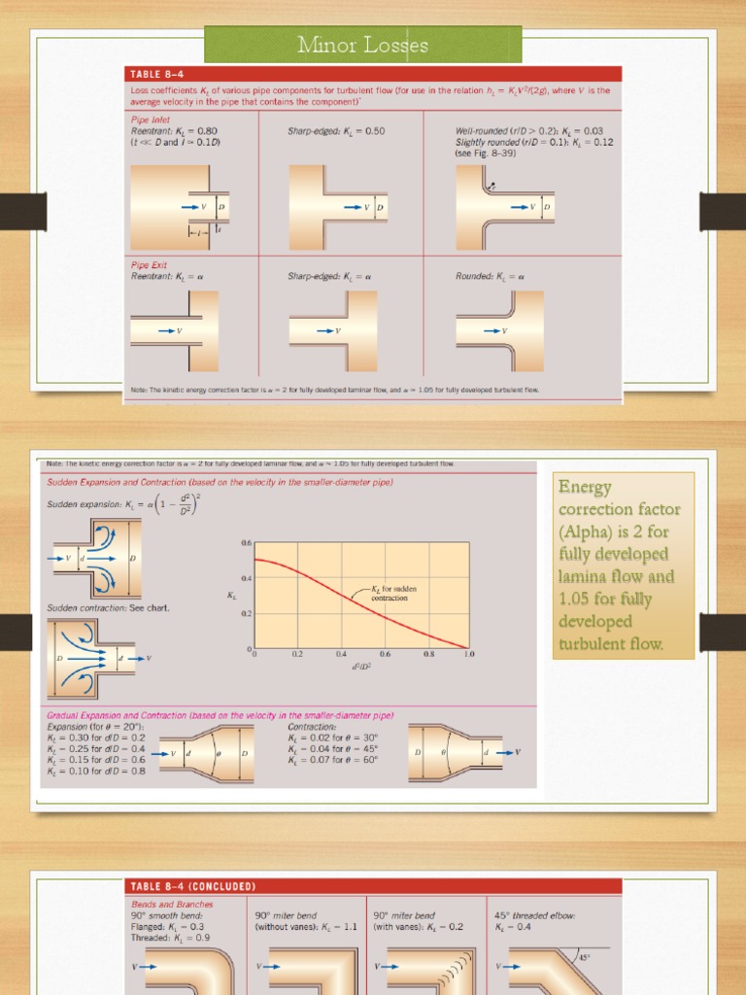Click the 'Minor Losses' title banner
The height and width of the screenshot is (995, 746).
tap(362, 45)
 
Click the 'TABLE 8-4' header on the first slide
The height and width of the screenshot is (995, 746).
tap(161, 73)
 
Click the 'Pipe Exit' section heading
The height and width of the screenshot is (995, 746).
tap(152, 264)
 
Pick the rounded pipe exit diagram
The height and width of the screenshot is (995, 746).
tap(504, 330)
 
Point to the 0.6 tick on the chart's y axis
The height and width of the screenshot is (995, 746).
tap(245, 543)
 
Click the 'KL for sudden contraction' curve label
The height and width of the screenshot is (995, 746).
tap(390, 594)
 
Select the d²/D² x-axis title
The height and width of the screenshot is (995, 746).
tap(361, 668)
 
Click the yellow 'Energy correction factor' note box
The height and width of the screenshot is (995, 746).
tap(624, 566)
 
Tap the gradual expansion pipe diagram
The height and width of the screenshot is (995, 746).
tap(208, 753)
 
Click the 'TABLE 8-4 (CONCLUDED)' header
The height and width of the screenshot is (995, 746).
tap(193, 886)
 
